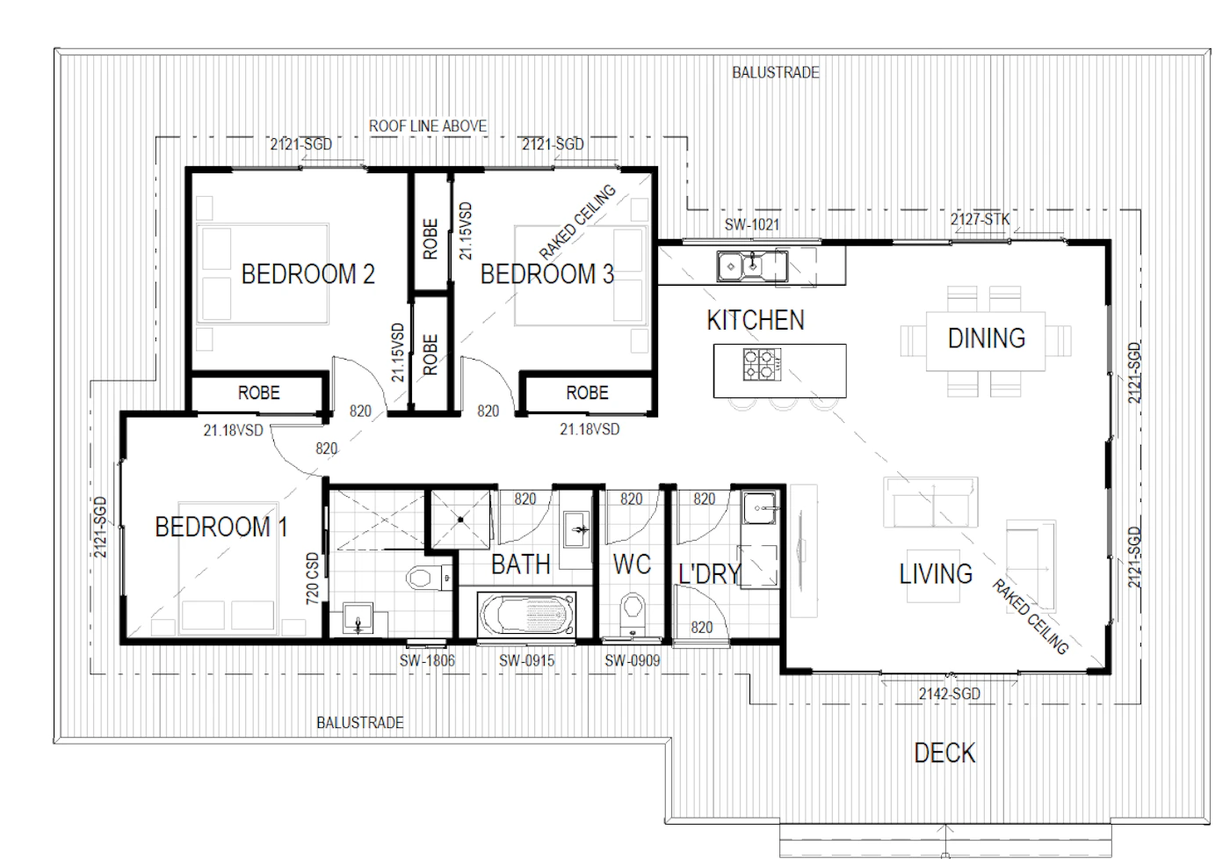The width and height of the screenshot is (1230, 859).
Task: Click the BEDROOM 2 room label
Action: [308, 274]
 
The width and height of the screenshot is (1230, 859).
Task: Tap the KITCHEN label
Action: [756, 320]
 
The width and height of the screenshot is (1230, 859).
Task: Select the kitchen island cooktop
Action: [763, 365]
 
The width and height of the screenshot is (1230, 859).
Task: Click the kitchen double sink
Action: [752, 266]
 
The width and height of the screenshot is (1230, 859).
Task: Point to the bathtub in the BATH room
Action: [526, 615]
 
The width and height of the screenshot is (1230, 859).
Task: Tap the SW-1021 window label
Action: [752, 225]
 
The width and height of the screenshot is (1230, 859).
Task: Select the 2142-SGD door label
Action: [950, 694]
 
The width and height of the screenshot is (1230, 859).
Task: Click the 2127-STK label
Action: [980, 220]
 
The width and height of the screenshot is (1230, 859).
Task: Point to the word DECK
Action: [945, 753]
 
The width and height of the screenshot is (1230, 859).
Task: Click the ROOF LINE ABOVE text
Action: [428, 127]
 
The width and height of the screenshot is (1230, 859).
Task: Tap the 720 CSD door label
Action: [312, 579]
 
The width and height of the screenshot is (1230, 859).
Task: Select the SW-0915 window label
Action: [526, 660]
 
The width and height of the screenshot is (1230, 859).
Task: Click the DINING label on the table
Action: [987, 339]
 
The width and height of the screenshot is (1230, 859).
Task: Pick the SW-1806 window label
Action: [427, 660]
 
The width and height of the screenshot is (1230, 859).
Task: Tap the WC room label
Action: [632, 564]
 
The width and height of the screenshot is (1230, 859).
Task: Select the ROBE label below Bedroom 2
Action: [258, 393]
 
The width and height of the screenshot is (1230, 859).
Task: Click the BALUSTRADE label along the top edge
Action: [775, 73]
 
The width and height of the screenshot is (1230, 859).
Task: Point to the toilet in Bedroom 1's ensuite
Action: [429, 579]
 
